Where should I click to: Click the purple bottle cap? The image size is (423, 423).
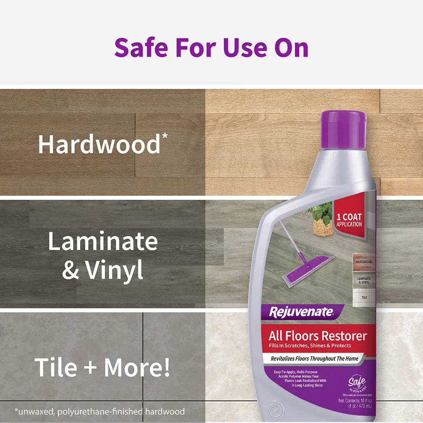tap(343, 129)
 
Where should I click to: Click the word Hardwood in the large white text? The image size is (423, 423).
tap(99, 145)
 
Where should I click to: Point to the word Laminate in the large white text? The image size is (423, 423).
tap(103, 242)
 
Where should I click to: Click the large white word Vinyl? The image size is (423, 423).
tap(115, 270)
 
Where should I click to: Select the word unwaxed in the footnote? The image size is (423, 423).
tap(35, 411)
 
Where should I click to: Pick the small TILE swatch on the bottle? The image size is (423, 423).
tap(364, 297)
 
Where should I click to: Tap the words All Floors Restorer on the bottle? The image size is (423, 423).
tap(318, 336)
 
